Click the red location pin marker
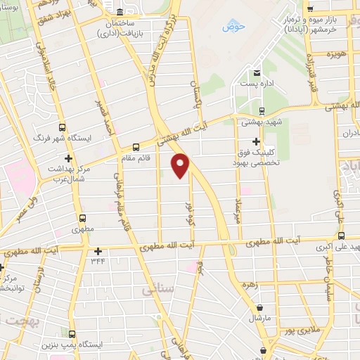[181, 166]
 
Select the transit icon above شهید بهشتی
[262, 110]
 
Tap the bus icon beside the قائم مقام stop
[136, 148]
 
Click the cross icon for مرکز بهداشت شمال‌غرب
[67, 158]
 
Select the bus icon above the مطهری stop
[84, 218]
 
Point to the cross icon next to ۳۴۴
[98, 251]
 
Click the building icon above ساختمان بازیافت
[120, 13]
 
